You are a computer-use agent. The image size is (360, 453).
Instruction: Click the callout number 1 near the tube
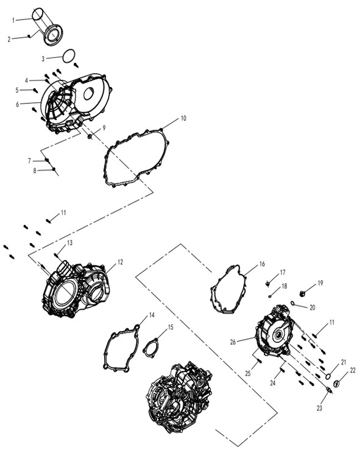13,20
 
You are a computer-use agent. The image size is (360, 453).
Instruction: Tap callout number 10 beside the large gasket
183,118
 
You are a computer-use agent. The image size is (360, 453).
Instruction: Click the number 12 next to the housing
120,262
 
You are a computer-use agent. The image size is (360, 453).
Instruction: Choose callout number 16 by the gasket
262,264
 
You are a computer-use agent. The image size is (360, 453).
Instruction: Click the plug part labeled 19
303,294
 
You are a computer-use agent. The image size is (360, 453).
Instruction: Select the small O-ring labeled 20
292,303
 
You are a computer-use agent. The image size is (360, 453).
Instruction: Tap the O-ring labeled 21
328,376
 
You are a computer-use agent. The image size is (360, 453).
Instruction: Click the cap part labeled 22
336,384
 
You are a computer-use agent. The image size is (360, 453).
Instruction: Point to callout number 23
319,408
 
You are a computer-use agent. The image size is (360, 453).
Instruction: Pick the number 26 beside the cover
233,342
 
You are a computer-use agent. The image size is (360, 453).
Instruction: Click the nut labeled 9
90,136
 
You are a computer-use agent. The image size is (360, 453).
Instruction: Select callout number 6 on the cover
17,104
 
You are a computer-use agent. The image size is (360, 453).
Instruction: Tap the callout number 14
152,315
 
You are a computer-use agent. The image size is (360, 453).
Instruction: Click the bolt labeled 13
56,255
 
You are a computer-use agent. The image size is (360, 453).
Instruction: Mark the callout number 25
248,374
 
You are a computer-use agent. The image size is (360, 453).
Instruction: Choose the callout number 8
35,170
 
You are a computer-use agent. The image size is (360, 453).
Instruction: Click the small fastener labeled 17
267,284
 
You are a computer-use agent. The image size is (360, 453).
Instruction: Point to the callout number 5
17,91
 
